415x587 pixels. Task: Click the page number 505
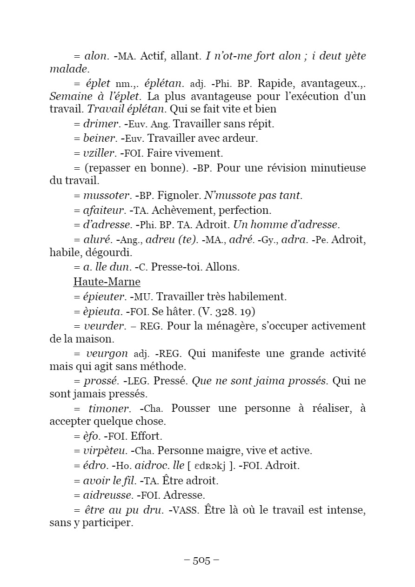click(x=202, y=560)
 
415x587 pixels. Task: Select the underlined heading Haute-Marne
click(x=107, y=282)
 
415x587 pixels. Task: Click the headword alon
click(x=96, y=56)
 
